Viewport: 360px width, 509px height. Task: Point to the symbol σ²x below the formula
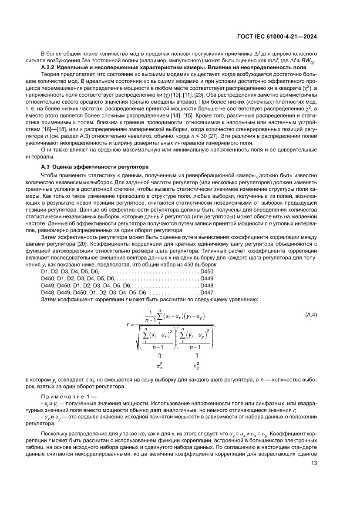point(160,364)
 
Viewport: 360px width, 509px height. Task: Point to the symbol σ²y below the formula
point(196,364)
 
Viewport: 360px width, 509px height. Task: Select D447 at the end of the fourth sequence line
point(206,292)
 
